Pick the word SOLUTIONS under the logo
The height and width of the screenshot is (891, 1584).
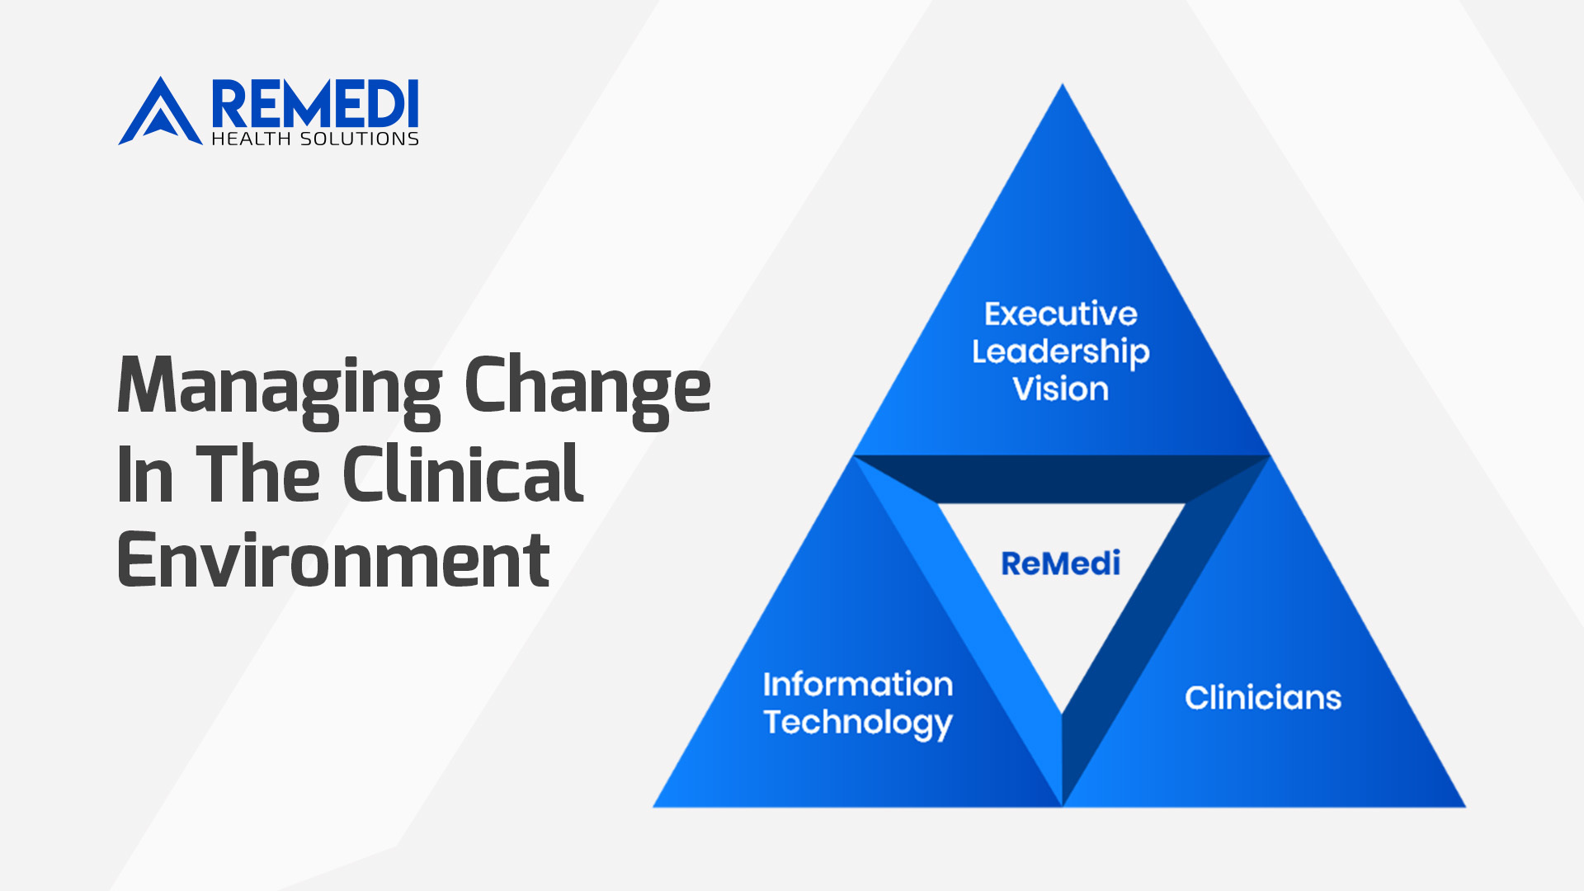tap(360, 139)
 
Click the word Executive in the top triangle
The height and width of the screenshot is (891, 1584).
tap(1061, 314)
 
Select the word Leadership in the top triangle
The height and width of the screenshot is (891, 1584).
tap(1061, 353)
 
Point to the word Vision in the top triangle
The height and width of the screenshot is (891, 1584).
tap(1061, 389)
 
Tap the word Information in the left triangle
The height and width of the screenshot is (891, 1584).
tap(858, 684)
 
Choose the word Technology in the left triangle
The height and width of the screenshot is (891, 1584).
tap(858, 724)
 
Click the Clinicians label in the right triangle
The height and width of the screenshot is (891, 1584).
tap(1263, 698)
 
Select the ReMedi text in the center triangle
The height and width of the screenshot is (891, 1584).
tap(1061, 563)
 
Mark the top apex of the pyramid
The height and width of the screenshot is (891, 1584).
tap(1063, 84)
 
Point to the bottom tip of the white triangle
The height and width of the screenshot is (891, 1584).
tap(1062, 714)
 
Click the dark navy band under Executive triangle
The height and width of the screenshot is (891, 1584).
tap(1062, 479)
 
